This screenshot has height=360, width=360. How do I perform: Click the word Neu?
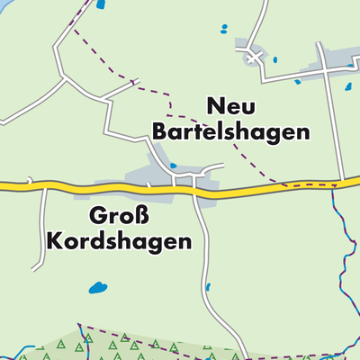coord(232,106)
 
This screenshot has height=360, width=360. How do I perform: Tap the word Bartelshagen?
coord(231,131)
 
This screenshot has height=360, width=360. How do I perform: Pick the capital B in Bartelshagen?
coord(161,131)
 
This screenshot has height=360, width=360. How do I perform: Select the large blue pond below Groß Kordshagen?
coord(96,290)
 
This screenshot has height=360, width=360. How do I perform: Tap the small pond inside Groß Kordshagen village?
coord(174,166)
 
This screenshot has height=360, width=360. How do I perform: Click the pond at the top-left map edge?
coord(101,4)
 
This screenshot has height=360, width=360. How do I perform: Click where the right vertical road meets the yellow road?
coord(342,181)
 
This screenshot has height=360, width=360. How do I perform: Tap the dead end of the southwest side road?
coord(34,268)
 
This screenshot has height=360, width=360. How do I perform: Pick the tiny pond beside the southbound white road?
coord(208,287)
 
